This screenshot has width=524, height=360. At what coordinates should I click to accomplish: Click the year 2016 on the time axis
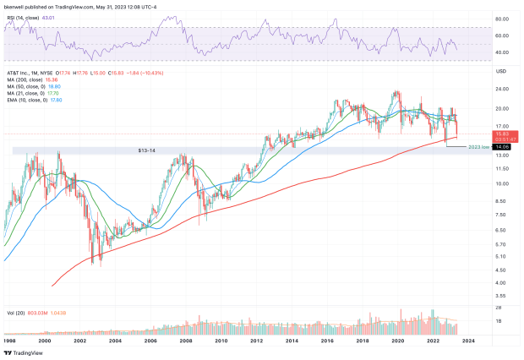(x=327, y=340)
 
